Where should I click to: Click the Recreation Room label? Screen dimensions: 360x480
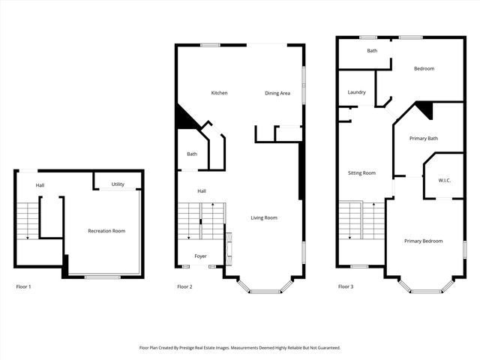106,231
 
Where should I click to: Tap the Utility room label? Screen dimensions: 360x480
118,184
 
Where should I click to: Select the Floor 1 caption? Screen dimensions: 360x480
24,286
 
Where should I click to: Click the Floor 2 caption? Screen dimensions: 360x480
184,286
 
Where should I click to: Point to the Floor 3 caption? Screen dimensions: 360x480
345,286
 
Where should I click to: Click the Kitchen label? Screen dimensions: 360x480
219,93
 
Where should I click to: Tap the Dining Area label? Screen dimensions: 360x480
277,93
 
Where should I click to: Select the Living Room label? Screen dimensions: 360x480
264,218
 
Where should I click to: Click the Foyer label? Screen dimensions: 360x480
200,256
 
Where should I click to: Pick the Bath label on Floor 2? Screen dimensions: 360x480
192,154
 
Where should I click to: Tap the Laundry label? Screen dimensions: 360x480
356,92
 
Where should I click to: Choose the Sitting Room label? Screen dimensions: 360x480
361,173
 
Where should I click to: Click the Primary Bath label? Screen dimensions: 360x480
423,138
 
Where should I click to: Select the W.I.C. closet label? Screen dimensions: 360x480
444,181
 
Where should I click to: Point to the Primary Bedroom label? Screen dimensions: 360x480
423,241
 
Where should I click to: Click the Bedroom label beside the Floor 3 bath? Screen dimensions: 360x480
424,69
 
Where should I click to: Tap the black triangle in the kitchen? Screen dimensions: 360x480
182,118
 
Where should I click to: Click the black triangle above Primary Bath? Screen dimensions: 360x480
425,109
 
